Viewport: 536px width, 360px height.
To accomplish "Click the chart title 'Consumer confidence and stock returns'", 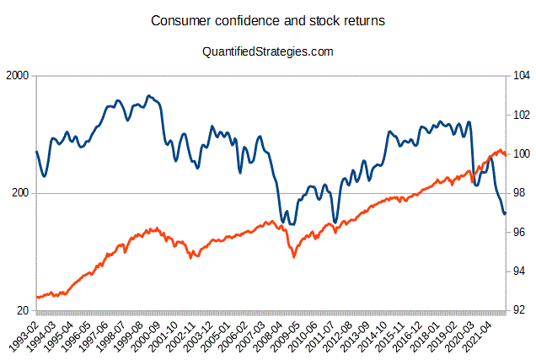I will click(x=268, y=20).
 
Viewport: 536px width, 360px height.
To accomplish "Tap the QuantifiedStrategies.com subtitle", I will click(x=268, y=51).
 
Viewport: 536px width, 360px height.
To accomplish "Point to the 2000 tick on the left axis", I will click(x=18, y=76).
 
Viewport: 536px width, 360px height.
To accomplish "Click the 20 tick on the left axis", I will click(x=24, y=311).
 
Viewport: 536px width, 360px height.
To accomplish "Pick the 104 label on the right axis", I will click(x=520, y=76).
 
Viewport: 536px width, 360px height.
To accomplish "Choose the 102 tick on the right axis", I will click(x=520, y=115).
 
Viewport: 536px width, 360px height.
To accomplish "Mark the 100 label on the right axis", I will click(x=520, y=154).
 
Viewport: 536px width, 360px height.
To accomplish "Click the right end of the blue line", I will click(x=505, y=213).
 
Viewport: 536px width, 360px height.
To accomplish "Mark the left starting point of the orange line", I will click(x=36, y=298).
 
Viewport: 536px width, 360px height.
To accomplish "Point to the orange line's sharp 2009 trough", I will click(x=293, y=255).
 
